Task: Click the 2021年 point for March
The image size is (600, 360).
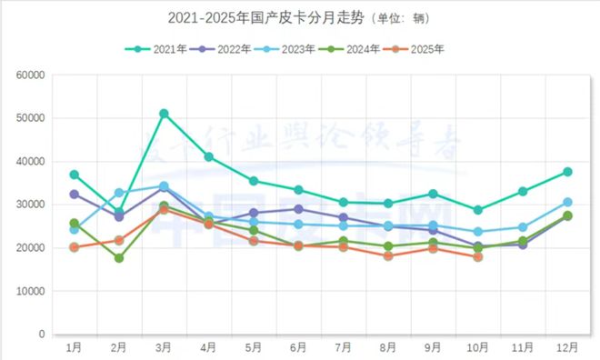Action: point(164,114)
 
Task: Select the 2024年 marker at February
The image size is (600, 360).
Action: point(119,258)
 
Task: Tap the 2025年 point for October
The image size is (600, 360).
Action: point(478,257)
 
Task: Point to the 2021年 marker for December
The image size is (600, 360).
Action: point(567,172)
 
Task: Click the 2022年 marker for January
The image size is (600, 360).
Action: point(75,195)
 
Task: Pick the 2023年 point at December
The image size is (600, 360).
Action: point(567,202)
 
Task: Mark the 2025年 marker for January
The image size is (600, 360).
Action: point(75,247)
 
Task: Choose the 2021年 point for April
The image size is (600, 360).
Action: point(208,156)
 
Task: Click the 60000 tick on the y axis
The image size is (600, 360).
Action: point(30,75)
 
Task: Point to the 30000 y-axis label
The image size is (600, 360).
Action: point(30,205)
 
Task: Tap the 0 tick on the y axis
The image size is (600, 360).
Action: point(41,335)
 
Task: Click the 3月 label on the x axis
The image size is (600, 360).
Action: point(164,348)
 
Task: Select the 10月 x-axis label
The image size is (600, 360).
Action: point(478,348)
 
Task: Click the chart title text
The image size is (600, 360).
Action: point(300,17)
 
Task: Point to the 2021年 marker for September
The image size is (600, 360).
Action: point(433,194)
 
